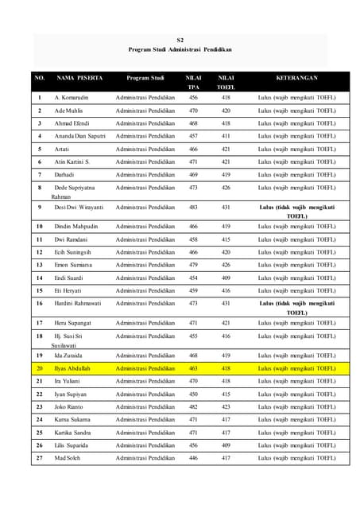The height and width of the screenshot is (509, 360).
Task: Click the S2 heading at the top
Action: coord(180,38)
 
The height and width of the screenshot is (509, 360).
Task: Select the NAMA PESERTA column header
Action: coord(76,78)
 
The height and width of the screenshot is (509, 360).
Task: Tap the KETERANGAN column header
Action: coord(296,78)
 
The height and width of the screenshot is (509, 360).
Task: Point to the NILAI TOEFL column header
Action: coord(226,82)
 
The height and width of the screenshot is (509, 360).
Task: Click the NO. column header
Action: coord(39,78)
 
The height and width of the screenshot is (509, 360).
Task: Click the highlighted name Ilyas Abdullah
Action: coord(73,368)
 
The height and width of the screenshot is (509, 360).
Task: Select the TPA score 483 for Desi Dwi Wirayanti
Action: coord(193,207)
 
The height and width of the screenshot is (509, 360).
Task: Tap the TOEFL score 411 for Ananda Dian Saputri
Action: coord(226,136)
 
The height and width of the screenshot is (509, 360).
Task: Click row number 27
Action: coord(39,458)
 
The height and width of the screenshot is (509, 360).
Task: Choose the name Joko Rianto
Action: coord(68,406)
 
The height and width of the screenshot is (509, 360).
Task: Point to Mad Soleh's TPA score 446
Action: coord(193,458)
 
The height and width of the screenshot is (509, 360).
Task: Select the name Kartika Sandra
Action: coord(73,433)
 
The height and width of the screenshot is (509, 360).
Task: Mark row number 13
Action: coord(39,265)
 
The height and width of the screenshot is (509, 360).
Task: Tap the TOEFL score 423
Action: coord(226,406)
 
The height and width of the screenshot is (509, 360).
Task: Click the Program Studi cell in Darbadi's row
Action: coord(145,174)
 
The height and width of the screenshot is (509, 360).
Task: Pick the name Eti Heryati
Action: coord(68,291)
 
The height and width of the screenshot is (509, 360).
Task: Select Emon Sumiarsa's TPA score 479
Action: coord(193,265)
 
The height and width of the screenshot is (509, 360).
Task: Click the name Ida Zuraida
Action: coord(69,356)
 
